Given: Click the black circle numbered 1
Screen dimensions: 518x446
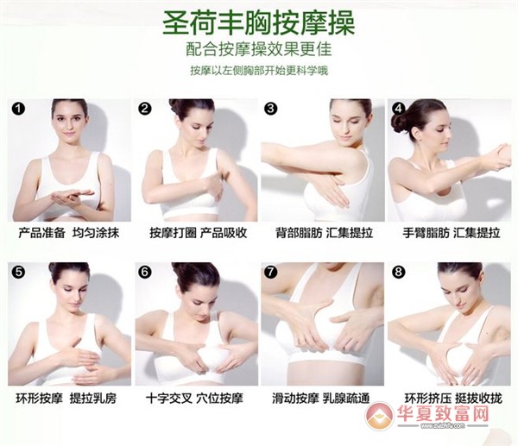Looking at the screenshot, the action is click(x=18, y=109).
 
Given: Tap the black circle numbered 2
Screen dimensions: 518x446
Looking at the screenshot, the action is click(x=144, y=109).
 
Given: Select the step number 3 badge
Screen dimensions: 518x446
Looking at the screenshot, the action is click(x=271, y=109).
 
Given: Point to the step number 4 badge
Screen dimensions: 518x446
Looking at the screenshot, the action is click(x=399, y=109).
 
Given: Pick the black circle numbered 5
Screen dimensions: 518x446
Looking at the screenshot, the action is click(x=18, y=273).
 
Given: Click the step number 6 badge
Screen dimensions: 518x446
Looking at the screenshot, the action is click(x=144, y=273).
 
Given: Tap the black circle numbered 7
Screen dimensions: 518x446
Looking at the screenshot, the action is click(x=271, y=273).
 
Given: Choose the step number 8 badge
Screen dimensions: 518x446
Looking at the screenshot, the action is click(x=399, y=273).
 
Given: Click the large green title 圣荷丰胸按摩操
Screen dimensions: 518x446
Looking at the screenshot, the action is click(x=259, y=23).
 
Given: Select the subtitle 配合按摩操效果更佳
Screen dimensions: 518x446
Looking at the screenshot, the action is click(x=259, y=49).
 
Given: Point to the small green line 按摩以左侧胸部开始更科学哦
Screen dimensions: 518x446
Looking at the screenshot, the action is click(x=259, y=71).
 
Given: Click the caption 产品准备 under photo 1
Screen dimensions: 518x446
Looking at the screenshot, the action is click(x=41, y=233).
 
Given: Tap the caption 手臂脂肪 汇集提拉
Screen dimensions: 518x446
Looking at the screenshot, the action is click(x=452, y=233).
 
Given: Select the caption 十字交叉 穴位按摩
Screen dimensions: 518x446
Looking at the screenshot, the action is click(x=194, y=399).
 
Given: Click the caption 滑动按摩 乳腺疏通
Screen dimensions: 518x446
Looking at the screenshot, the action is click(x=321, y=399).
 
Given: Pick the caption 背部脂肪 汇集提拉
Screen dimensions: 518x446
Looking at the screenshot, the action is click(x=324, y=233).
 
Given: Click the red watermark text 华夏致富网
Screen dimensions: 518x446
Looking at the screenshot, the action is click(x=443, y=412).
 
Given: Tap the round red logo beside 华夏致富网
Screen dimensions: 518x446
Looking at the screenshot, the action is click(x=380, y=415).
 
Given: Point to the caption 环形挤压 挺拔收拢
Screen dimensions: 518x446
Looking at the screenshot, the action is click(x=453, y=399).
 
